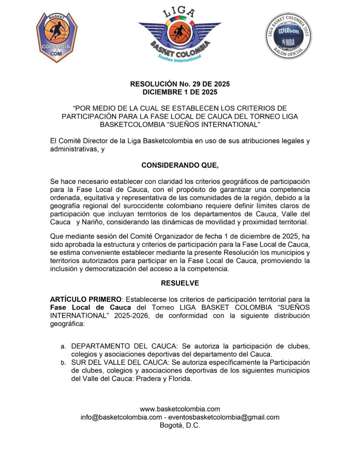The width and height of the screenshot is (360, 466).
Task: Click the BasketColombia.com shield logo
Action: [56, 37]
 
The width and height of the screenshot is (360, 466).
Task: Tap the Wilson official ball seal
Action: [289, 36]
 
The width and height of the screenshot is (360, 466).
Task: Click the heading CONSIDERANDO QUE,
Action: [180, 166]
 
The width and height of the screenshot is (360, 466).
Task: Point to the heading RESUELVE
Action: [180, 283]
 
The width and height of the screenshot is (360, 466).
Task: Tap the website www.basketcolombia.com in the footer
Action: [180, 409]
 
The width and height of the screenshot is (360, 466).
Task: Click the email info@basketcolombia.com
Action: [121, 417]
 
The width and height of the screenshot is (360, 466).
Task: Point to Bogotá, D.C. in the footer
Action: [180, 425]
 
